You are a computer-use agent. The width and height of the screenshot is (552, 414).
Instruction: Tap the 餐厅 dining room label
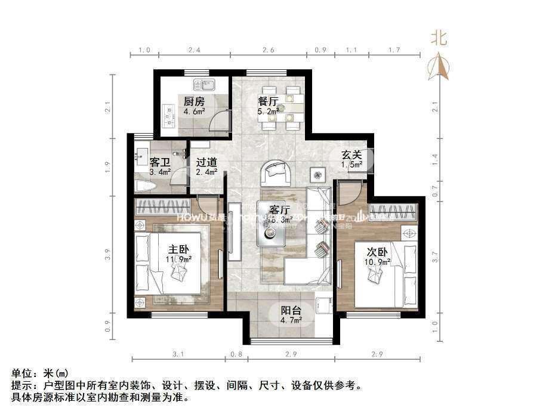(268, 101)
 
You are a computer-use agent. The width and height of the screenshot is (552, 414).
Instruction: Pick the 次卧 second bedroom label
(378, 251)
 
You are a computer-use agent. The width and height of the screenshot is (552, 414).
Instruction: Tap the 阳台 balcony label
(291, 310)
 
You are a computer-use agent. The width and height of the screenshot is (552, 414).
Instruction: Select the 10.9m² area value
(378, 261)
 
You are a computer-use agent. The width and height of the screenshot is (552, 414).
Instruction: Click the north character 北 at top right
(439, 39)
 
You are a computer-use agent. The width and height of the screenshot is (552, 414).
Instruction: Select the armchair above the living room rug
(276, 172)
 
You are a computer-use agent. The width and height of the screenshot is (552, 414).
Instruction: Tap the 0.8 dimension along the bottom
(236, 355)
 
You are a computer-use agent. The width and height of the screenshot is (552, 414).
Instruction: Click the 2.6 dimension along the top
(269, 50)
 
